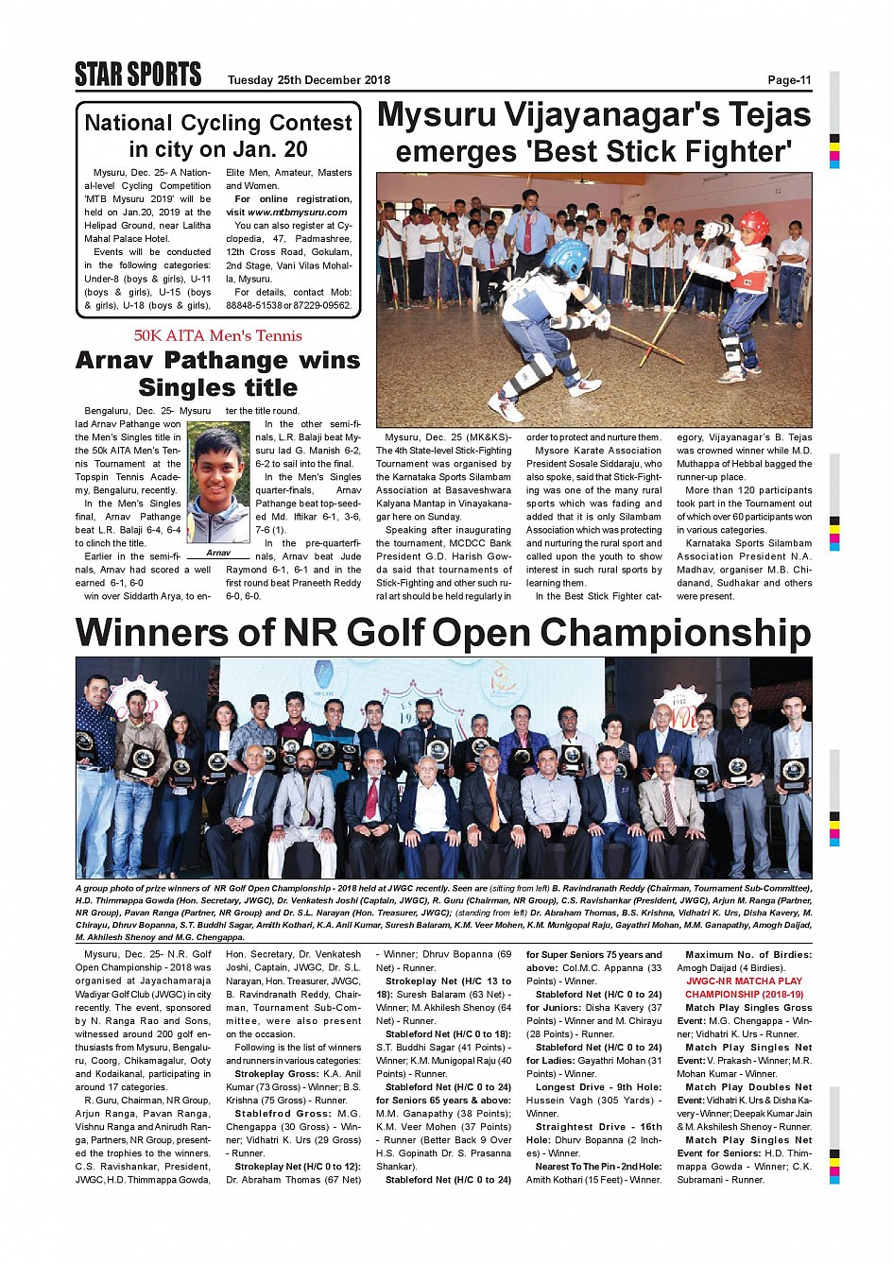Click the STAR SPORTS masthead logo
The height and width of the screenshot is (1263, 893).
click(x=138, y=75)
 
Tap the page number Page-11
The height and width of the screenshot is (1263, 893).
click(x=789, y=80)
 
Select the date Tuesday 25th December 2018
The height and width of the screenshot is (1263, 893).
click(x=308, y=80)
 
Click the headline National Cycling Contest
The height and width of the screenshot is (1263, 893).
click(x=218, y=123)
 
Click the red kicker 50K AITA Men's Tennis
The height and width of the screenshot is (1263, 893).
click(x=218, y=335)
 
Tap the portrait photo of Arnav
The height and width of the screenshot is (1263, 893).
click(x=218, y=483)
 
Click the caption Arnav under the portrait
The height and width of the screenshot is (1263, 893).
click(x=218, y=553)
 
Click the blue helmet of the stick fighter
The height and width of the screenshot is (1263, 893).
click(x=566, y=257)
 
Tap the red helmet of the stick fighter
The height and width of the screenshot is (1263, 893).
click(x=753, y=227)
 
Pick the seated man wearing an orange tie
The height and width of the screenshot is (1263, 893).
click(x=491, y=812)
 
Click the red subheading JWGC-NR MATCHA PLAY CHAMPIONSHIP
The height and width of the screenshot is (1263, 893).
click(x=745, y=988)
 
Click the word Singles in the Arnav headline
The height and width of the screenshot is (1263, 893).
click(x=217, y=388)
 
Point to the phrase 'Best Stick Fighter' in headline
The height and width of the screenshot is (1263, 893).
click(x=592, y=152)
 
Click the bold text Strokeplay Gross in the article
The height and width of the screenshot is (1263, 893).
click(x=278, y=1074)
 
